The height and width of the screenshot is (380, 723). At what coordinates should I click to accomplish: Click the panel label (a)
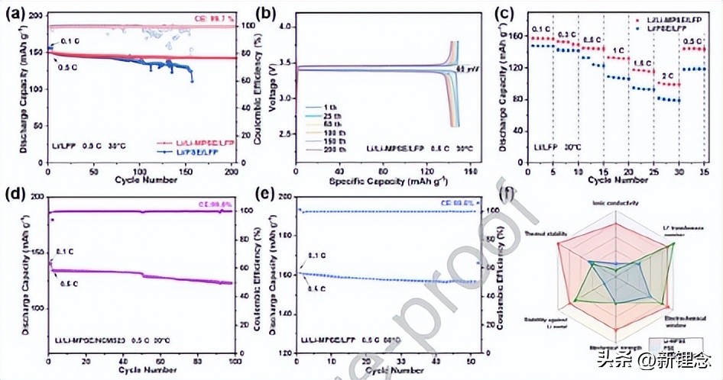coord(13,11)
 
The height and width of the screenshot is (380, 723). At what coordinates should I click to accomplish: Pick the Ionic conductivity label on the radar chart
coord(615,202)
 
